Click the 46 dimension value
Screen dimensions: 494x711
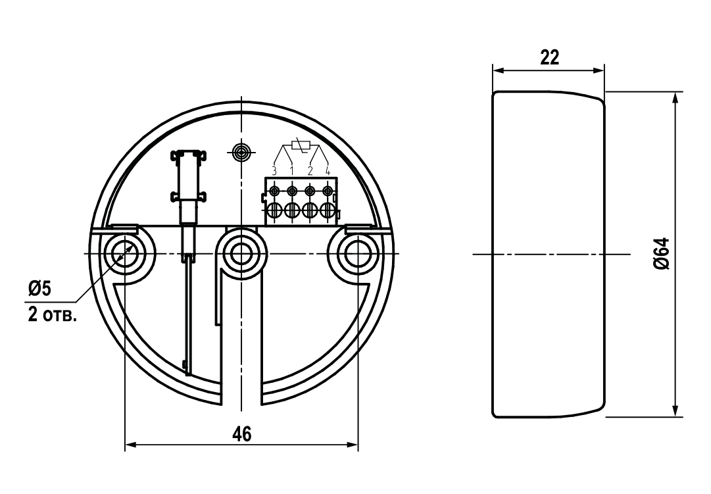(x=242, y=434)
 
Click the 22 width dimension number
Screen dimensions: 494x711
(x=549, y=58)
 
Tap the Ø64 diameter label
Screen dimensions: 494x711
(x=662, y=253)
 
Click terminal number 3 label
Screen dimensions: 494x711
(x=274, y=171)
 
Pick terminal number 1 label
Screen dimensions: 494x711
(x=291, y=171)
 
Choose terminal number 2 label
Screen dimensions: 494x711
(x=310, y=171)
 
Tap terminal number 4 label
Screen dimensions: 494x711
(x=327, y=171)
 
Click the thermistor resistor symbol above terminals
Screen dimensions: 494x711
(x=300, y=145)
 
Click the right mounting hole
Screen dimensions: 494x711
(x=357, y=253)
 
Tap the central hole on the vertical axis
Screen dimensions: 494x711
(x=241, y=253)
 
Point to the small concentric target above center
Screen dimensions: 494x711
(x=242, y=153)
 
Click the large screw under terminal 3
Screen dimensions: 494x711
(x=274, y=211)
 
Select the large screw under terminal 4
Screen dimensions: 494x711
(x=327, y=211)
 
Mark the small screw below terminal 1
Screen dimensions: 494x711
(x=291, y=191)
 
